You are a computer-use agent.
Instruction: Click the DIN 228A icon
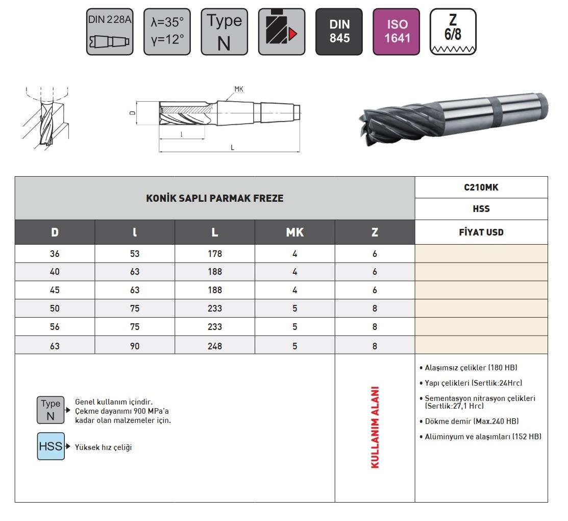tap(110, 32)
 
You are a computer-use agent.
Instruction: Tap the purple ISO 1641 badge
tap(397, 32)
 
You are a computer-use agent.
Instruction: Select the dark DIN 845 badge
tap(339, 32)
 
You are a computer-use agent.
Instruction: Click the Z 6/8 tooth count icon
tap(453, 32)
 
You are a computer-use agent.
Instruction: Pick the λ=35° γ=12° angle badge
tap(167, 32)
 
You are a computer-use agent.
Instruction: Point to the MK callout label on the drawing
tap(239, 89)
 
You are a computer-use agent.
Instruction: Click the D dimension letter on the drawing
tap(132, 114)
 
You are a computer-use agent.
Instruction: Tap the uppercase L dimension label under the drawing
tap(232, 148)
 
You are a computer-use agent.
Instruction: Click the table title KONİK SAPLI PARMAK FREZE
tap(214, 198)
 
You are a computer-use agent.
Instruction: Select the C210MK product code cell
tap(481, 187)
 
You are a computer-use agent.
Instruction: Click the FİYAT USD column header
tap(481, 232)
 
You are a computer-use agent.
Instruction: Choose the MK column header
tap(294, 232)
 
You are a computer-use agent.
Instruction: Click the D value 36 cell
tap(55, 254)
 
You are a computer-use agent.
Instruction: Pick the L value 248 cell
tap(215, 346)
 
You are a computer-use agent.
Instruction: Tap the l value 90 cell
tap(135, 346)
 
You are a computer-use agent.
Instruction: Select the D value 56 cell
tap(55, 327)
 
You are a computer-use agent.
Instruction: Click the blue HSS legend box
tap(51, 446)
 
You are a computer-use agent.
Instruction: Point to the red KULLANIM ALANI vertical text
tap(375, 427)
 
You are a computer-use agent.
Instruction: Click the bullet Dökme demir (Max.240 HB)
tap(472, 421)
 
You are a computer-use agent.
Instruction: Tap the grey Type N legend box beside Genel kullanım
tap(51, 410)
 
